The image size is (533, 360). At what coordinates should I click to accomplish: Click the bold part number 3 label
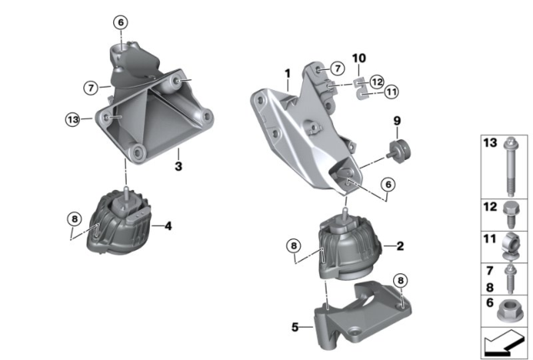click(x=178, y=167)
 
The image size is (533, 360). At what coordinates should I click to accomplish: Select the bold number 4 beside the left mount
click(x=168, y=226)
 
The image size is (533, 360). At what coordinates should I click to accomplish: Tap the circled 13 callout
click(x=72, y=119)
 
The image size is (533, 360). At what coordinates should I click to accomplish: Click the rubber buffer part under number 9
click(x=399, y=151)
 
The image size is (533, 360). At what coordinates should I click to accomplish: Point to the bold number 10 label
click(x=359, y=58)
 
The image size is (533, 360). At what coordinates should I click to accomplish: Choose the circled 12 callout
click(x=376, y=82)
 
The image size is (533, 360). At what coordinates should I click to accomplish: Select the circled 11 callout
click(x=391, y=92)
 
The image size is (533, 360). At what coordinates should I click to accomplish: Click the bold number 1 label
click(x=288, y=73)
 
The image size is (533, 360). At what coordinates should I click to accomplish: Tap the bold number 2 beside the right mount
click(x=401, y=246)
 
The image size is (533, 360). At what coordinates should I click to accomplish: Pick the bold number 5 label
click(x=295, y=327)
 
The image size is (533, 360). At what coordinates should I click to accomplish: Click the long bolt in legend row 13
click(x=511, y=167)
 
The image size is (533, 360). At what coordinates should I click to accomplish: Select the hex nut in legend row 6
click(x=507, y=311)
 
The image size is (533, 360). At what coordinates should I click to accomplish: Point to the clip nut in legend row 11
click(x=510, y=247)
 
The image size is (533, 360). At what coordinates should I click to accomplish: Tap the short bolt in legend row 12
click(x=511, y=215)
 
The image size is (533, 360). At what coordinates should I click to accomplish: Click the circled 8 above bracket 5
click(x=401, y=281)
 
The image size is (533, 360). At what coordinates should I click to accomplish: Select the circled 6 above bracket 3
click(x=121, y=22)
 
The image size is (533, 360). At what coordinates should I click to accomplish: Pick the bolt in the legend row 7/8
click(x=511, y=279)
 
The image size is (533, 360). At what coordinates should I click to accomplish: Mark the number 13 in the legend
click(x=491, y=142)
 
